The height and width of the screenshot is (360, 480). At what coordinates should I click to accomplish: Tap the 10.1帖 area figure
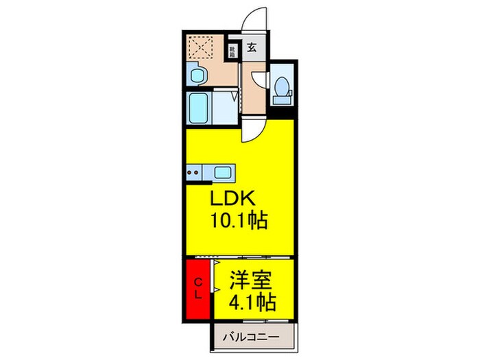coord(239,221)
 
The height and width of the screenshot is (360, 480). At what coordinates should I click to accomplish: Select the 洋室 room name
coord(251,280)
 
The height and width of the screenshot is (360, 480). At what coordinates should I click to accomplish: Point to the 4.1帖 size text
coord(252,302)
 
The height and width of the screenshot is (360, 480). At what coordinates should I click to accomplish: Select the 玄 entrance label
coord(252,48)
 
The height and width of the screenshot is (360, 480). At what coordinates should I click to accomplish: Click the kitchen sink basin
coord(223,171)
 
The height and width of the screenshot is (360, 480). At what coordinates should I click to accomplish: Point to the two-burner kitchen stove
coord(193,171)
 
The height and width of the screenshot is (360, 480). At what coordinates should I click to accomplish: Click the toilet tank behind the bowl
coord(280,100)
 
